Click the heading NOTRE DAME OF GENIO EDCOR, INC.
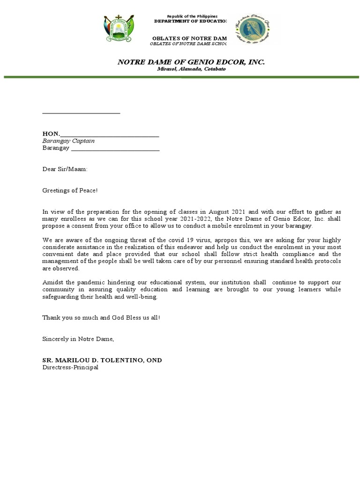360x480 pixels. (x=191, y=62)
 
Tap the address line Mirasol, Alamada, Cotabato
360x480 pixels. (x=191, y=69)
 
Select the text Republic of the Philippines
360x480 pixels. (x=192, y=16)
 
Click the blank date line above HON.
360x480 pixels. (x=81, y=112)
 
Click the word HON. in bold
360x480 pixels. (x=51, y=134)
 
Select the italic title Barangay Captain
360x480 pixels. (x=68, y=141)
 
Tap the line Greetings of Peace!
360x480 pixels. (x=70, y=190)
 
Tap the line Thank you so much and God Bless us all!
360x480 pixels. (x=101, y=318)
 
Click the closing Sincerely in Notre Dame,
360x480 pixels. (x=78, y=339)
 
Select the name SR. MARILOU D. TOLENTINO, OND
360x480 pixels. (x=102, y=360)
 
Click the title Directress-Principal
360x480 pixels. (x=70, y=367)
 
